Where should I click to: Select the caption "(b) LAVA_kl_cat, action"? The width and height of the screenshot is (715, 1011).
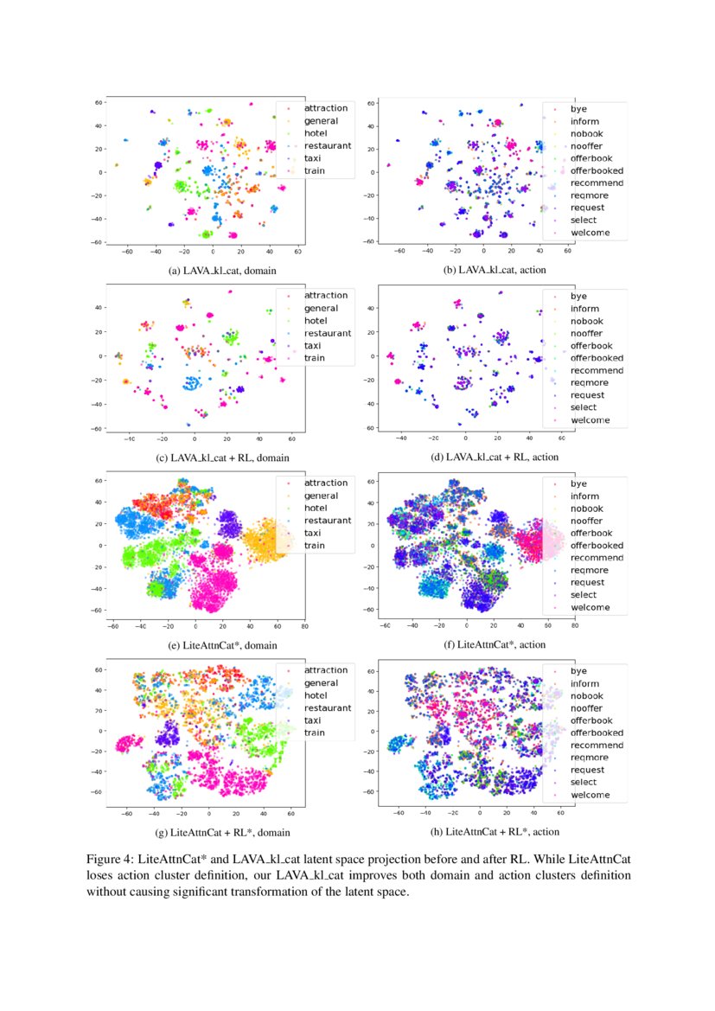click(x=495, y=270)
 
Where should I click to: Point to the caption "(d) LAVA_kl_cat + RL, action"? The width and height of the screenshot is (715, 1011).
click(x=495, y=457)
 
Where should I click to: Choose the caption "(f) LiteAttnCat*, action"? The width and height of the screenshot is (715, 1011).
click(x=496, y=644)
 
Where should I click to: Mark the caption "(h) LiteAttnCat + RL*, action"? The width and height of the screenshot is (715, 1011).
click(x=495, y=832)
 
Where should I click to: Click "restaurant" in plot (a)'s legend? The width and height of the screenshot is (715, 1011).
click(x=327, y=146)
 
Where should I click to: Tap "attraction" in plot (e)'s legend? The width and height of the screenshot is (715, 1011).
click(x=326, y=483)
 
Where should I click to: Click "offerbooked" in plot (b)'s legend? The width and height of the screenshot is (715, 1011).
click(x=597, y=170)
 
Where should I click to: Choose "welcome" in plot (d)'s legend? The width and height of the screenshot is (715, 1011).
click(x=590, y=420)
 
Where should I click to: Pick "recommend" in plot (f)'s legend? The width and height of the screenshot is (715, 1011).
click(x=597, y=558)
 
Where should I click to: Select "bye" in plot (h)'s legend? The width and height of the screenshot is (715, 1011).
click(x=578, y=670)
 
